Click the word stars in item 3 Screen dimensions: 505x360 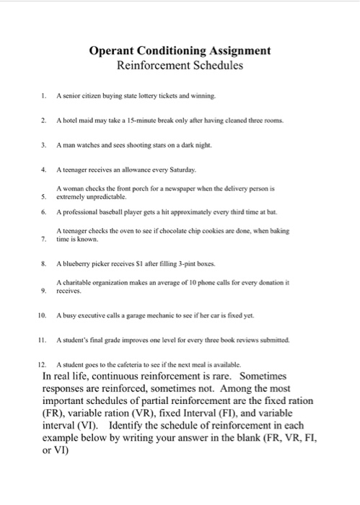[x=149, y=144]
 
